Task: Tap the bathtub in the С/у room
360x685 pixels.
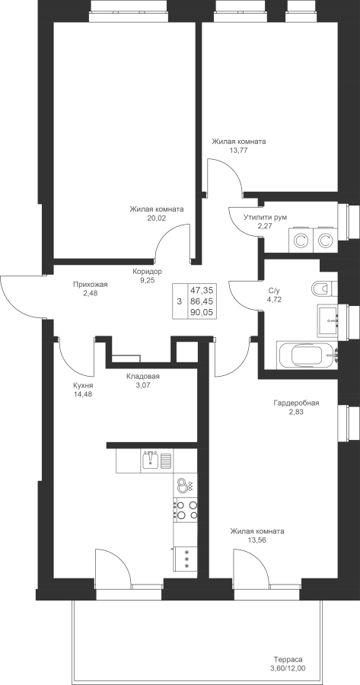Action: coord(307,355)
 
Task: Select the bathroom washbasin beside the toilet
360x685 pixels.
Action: coord(327,320)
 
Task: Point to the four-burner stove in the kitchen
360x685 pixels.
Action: coord(185,510)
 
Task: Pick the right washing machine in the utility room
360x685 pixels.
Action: coord(325,240)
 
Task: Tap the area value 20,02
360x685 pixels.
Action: coord(156,218)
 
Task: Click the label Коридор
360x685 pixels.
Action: coord(147,272)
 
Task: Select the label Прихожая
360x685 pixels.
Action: coord(91,285)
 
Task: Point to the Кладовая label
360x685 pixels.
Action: coord(143,377)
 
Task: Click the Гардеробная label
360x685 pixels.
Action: coord(296,403)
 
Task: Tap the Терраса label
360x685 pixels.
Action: coord(288,660)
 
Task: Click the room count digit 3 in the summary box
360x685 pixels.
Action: coord(179,301)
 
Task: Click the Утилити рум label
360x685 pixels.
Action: coord(266,218)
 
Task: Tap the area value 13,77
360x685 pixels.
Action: coord(238,150)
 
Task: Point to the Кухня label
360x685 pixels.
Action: coord(83,386)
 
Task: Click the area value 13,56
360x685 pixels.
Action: coord(257,540)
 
